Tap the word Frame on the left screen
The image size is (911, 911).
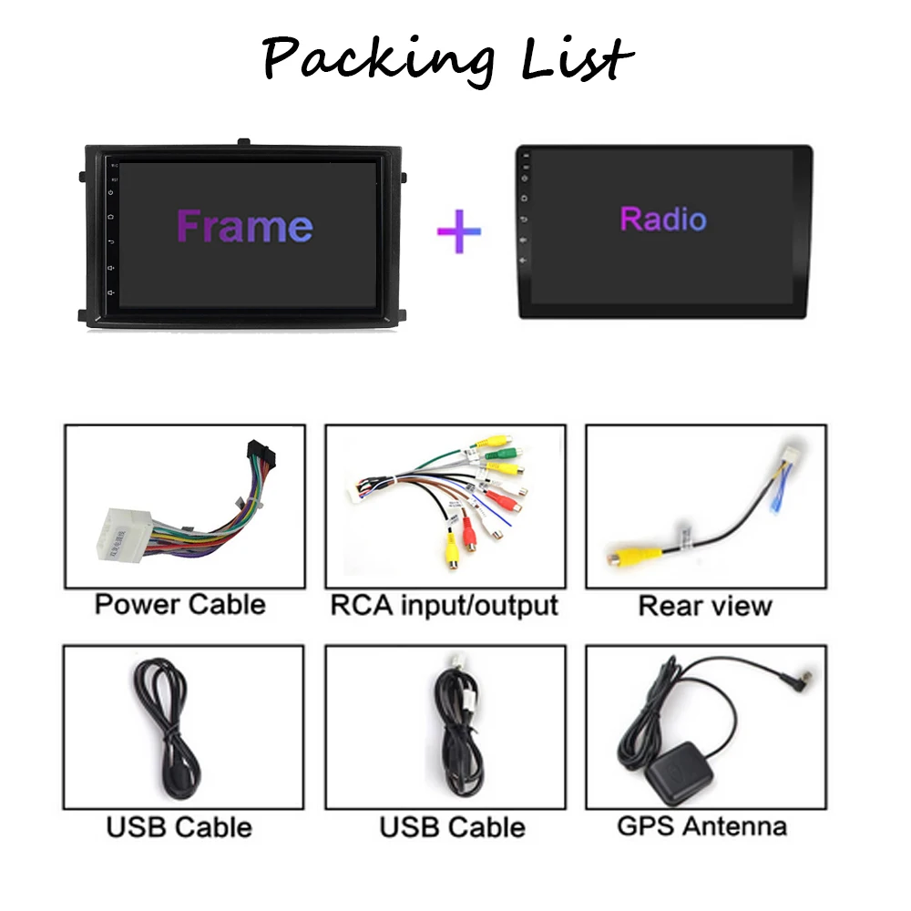click(245, 226)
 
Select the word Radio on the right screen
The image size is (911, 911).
click(663, 219)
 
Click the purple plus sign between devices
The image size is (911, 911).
click(459, 231)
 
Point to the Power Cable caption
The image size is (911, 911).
click(180, 604)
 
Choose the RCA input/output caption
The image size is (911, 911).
click(445, 606)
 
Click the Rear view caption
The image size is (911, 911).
click(705, 606)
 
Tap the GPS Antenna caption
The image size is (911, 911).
click(701, 826)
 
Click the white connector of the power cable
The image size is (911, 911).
click(124, 536)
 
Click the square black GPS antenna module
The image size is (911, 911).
click(679, 773)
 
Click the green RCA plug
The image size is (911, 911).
click(501, 453)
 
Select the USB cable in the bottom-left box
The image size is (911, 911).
click(166, 726)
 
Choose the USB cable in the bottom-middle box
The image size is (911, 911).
click(459, 729)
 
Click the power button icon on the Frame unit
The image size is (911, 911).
click(111, 192)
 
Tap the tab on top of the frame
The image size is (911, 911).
click(244, 142)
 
